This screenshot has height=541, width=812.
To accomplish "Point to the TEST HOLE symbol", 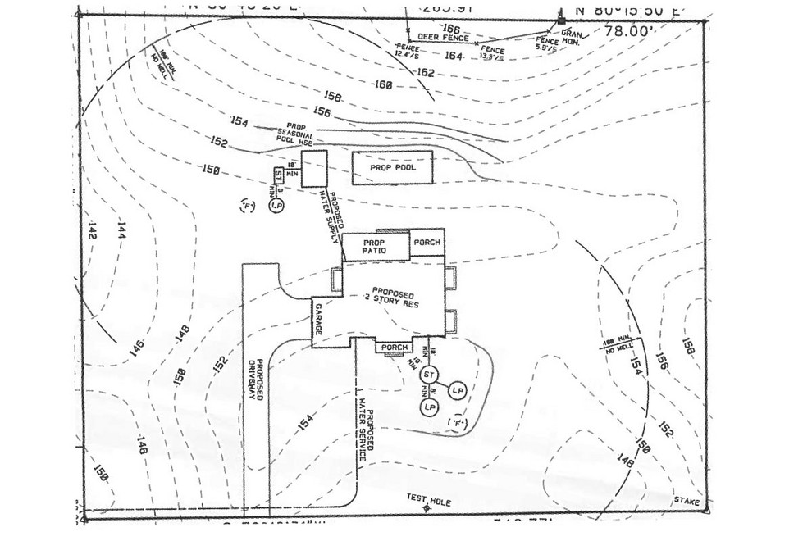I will coord(426,508).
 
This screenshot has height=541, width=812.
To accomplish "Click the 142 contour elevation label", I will coord(91,231).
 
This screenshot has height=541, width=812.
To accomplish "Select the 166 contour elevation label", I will coord(450,29).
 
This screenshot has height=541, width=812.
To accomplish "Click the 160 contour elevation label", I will coord(382,85).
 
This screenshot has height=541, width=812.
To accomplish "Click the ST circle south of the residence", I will coord(428,375).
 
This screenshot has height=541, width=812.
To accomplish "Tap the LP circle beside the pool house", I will coord(276,207).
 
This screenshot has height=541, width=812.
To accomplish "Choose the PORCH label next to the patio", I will coord(427,243).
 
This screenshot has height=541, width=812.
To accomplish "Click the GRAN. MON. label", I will coord(572,38).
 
